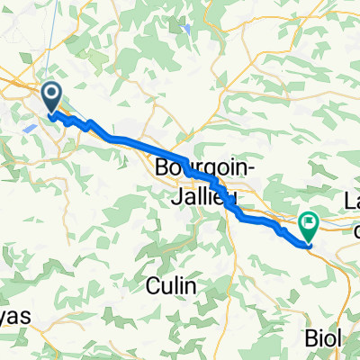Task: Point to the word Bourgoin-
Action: point(199,167)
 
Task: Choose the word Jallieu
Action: point(206,193)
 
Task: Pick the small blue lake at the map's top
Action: point(185,27)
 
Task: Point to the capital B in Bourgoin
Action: point(163,167)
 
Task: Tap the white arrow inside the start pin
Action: point(52,94)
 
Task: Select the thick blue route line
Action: point(135,142)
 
